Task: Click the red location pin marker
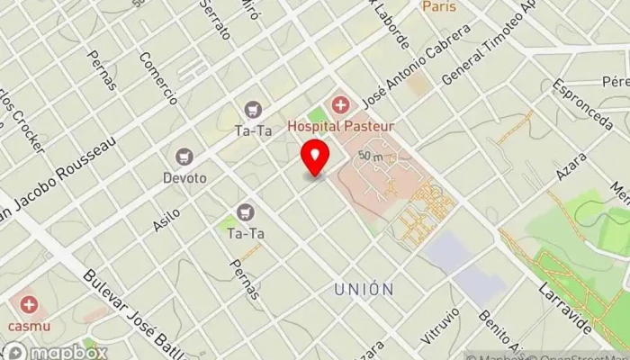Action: pyautogui.click(x=315, y=158)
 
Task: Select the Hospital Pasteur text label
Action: pyautogui.click(x=341, y=127)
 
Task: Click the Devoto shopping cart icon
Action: pyautogui.click(x=184, y=157)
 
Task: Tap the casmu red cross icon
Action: pyautogui.click(x=29, y=304)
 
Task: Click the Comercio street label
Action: pyautogui.click(x=157, y=79)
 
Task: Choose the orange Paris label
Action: pyautogui.click(x=438, y=7)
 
